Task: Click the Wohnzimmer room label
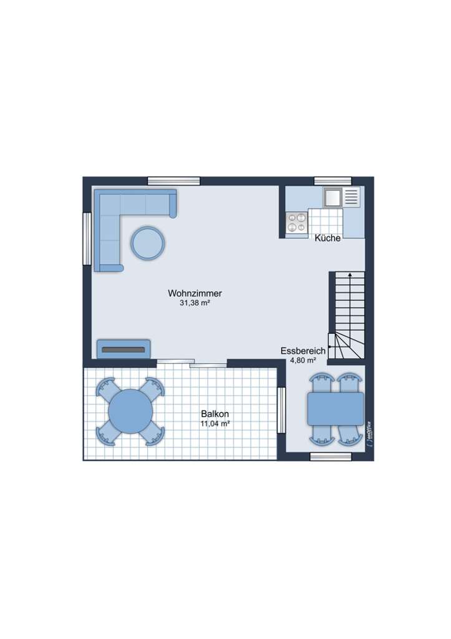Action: [195, 293]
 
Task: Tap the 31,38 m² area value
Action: [195, 303]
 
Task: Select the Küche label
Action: [327, 238]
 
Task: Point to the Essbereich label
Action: [303, 351]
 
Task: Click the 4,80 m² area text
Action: [303, 360]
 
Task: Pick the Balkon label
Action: [215, 414]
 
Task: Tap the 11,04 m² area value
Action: [215, 424]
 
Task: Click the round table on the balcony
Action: [130, 412]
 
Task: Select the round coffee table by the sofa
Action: [148, 242]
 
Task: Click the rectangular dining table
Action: [336, 409]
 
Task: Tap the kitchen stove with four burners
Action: [297, 223]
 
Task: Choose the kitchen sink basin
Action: [332, 197]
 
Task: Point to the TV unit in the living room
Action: [124, 349]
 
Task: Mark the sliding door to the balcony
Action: [192, 363]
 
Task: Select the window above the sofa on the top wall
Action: [173, 181]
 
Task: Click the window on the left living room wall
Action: [87, 239]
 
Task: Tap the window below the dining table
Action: [331, 457]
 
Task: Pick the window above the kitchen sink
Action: [332, 181]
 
